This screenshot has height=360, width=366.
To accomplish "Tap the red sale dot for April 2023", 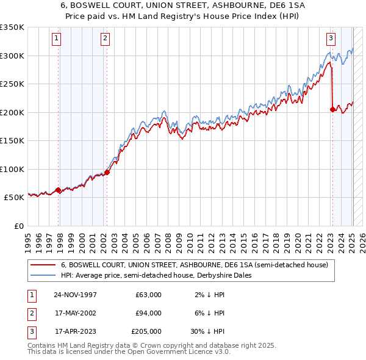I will pyautogui.click(x=332, y=109).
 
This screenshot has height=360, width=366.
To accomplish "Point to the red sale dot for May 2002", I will pyautogui.click(x=107, y=172).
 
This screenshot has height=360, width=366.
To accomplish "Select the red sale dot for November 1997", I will pyautogui.click(x=59, y=190).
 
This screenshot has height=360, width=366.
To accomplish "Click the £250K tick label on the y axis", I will pyautogui.click(x=12, y=84).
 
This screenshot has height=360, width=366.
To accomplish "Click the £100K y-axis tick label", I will pyautogui.click(x=12, y=169).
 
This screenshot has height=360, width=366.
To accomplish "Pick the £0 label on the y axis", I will pyautogui.click(x=18, y=226).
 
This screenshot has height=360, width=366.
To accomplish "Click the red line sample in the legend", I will pyautogui.click(x=43, y=265).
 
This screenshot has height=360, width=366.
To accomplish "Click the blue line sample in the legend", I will pyautogui.click(x=43, y=275).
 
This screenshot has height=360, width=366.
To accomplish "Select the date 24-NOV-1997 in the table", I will pyautogui.click(x=75, y=295).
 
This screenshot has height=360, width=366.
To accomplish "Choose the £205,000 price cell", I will pyautogui.click(x=146, y=331).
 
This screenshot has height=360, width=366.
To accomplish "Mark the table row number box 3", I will pyautogui.click(x=30, y=331).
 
